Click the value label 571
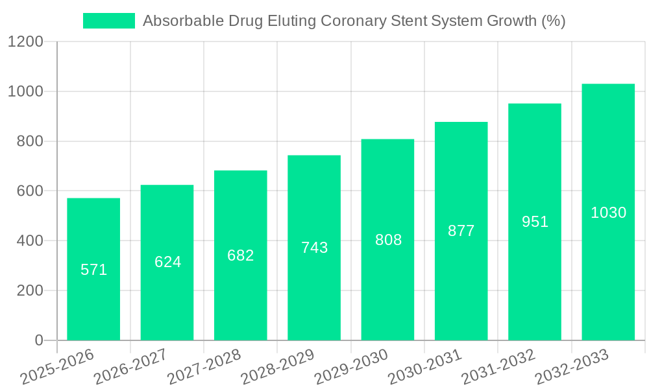[x=93, y=270]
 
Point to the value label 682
[x=241, y=255]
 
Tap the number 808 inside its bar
[x=388, y=240]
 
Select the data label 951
[x=535, y=222]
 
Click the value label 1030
[x=608, y=213]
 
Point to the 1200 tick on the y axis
[x=25, y=42]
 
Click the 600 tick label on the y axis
[x=30, y=191]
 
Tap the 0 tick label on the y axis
[x=39, y=340]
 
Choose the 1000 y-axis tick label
[x=25, y=92]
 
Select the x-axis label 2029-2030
[x=351, y=366]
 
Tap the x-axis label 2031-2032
[x=498, y=366]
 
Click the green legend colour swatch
[x=109, y=21]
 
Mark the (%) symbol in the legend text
[x=553, y=21]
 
